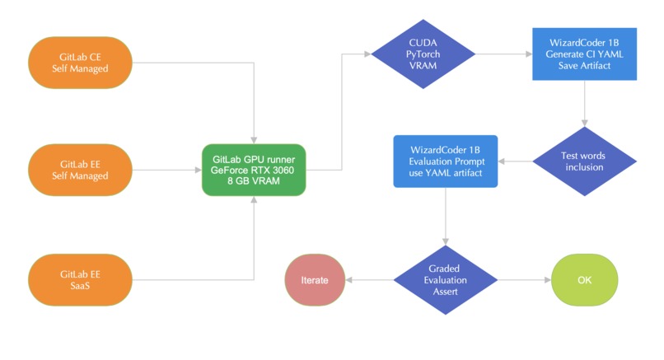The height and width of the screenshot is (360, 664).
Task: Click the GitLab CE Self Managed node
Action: (81, 62)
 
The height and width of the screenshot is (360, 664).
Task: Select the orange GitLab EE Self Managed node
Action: (81, 171)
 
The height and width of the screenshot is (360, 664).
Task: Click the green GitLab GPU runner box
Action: (254, 171)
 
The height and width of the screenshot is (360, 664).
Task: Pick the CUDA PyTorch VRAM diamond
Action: (423, 54)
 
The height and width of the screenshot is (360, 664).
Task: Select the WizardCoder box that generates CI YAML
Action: (584, 54)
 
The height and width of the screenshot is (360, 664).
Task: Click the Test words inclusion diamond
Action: (584, 161)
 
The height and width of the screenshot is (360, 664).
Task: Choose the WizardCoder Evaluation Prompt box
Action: (446, 161)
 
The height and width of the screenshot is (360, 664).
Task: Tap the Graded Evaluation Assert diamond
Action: (446, 279)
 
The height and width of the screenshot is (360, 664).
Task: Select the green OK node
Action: (584, 279)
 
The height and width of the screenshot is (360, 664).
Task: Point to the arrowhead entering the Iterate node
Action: (349, 279)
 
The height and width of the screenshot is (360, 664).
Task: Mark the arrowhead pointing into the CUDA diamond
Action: (367, 54)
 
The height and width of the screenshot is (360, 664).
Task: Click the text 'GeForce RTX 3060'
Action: (254, 171)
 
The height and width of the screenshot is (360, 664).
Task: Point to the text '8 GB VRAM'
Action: (254, 182)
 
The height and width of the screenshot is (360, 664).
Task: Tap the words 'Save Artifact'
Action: (584, 66)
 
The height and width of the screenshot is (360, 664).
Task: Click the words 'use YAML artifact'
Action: (446, 173)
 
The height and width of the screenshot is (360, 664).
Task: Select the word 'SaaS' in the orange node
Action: (81, 285)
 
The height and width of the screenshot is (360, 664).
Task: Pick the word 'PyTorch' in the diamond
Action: (423, 54)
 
